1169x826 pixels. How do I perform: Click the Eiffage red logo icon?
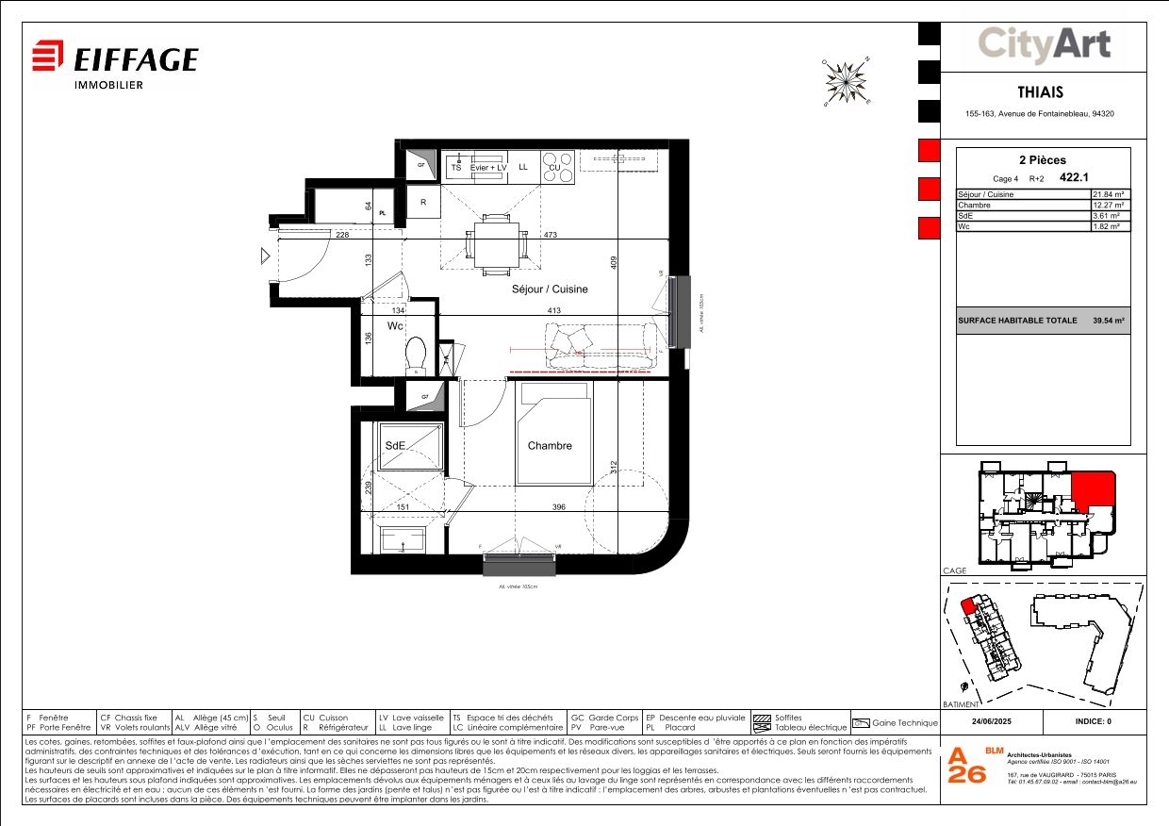(x=48, y=56)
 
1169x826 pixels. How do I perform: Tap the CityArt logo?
(x=1043, y=44)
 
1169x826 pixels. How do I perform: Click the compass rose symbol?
(x=847, y=81)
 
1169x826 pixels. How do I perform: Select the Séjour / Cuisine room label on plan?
(x=549, y=289)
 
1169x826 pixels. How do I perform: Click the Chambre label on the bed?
(x=549, y=446)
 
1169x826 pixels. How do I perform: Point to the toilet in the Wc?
(x=416, y=355)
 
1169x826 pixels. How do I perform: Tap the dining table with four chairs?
(x=495, y=243)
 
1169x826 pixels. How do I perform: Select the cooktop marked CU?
(x=556, y=167)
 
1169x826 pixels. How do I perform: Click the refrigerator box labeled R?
(x=423, y=203)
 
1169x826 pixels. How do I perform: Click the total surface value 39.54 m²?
(x=1109, y=321)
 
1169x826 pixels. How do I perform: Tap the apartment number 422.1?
(x=1101, y=175)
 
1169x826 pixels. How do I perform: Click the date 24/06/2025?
(x=993, y=722)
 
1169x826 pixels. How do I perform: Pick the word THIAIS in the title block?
(x=1041, y=92)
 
